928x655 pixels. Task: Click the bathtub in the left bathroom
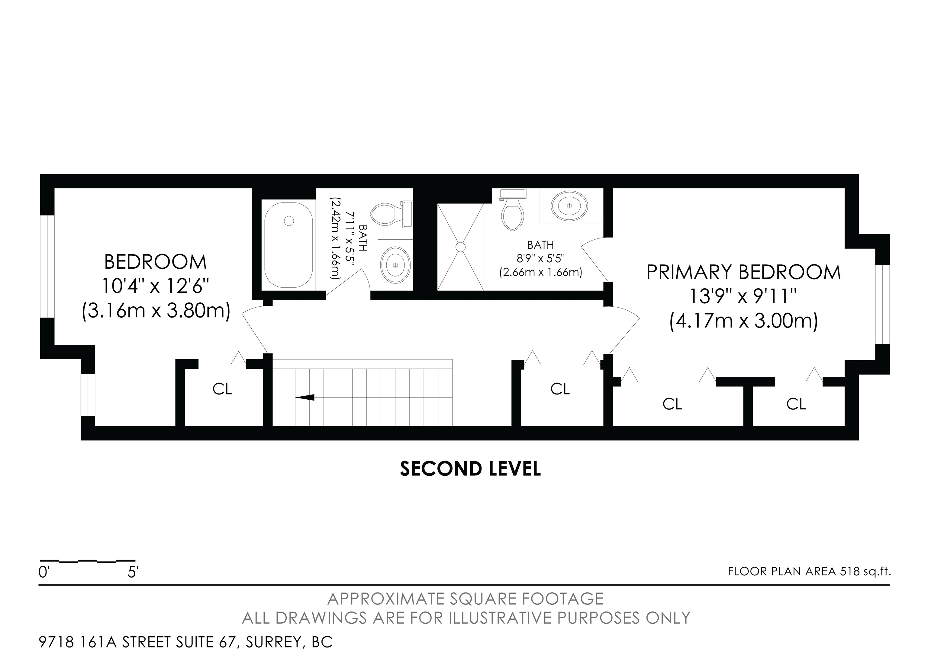(288, 245)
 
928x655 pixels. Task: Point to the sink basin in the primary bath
(569, 206)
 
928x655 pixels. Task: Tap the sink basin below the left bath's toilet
(396, 264)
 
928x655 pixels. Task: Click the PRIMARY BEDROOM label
(743, 272)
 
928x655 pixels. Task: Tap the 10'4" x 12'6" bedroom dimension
(156, 286)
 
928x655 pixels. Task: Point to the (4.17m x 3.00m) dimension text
(744, 322)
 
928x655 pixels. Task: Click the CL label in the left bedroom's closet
(222, 389)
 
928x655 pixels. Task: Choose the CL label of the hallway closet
(560, 389)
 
